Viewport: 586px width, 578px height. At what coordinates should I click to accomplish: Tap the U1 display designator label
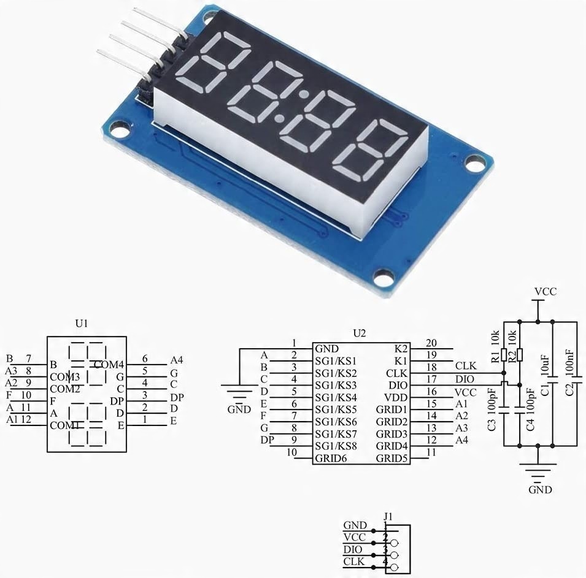[x=82, y=323]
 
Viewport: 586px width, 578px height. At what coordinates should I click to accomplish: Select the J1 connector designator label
[x=388, y=517]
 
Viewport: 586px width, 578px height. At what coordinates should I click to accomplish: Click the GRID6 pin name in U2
[x=330, y=458]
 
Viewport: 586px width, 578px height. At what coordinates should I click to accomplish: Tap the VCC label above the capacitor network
[x=545, y=292]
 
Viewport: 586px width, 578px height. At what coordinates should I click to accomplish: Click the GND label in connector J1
[x=355, y=525]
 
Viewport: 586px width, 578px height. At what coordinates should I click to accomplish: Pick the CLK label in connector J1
[x=355, y=561]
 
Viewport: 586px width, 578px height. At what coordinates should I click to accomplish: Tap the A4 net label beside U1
[x=177, y=359]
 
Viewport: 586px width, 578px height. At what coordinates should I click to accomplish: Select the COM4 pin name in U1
[x=109, y=365]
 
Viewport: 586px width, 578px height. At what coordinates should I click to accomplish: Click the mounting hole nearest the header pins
[x=120, y=129]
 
